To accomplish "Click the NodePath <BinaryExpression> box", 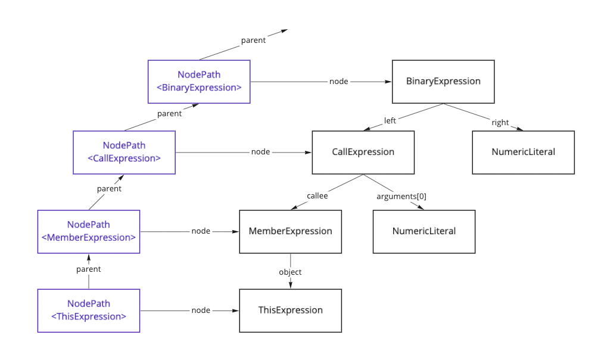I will tap(199, 81).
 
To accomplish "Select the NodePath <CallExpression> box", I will tap(124, 152).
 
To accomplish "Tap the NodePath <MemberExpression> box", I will tap(89, 231).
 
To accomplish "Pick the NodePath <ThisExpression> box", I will tap(89, 310).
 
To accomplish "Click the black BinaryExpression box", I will tap(443, 81).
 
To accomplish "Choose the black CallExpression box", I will tap(363, 152).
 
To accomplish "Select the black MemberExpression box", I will tap(290, 231).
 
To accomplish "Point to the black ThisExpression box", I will tap(290, 310).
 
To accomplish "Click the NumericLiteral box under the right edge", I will tap(523, 152).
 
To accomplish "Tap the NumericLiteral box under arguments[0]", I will tap(423, 231).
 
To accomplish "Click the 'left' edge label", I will tap(390, 120).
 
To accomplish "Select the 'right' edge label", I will tap(500, 122).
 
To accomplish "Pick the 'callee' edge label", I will tap(317, 195).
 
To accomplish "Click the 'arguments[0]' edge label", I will tap(401, 195).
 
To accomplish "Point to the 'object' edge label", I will tap(290, 272).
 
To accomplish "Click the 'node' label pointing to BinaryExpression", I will tap(338, 81).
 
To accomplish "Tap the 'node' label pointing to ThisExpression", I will tap(201, 310).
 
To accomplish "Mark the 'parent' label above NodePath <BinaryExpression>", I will tap(253, 41).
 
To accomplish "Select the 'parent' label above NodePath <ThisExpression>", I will tap(89, 269).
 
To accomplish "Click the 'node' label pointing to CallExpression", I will tap(260, 152).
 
